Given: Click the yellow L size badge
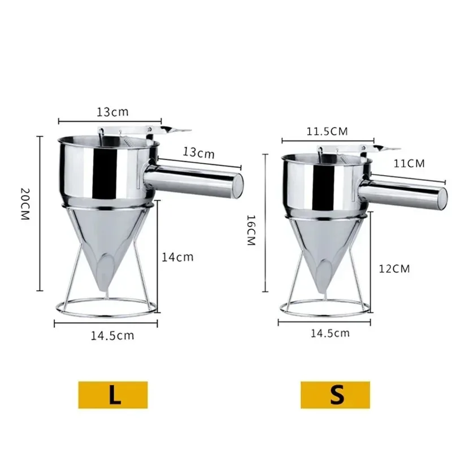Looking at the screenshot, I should (112, 394).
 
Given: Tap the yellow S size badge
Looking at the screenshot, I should (335, 394).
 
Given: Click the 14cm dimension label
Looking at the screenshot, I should (177, 257).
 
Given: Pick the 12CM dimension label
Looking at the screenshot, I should (394, 268).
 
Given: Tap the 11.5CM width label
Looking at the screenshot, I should (327, 132).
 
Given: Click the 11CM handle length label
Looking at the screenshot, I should (408, 163).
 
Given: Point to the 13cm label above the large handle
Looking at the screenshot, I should (198, 153).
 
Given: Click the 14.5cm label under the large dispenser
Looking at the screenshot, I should (113, 335).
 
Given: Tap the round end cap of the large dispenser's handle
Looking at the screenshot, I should (237, 183).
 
